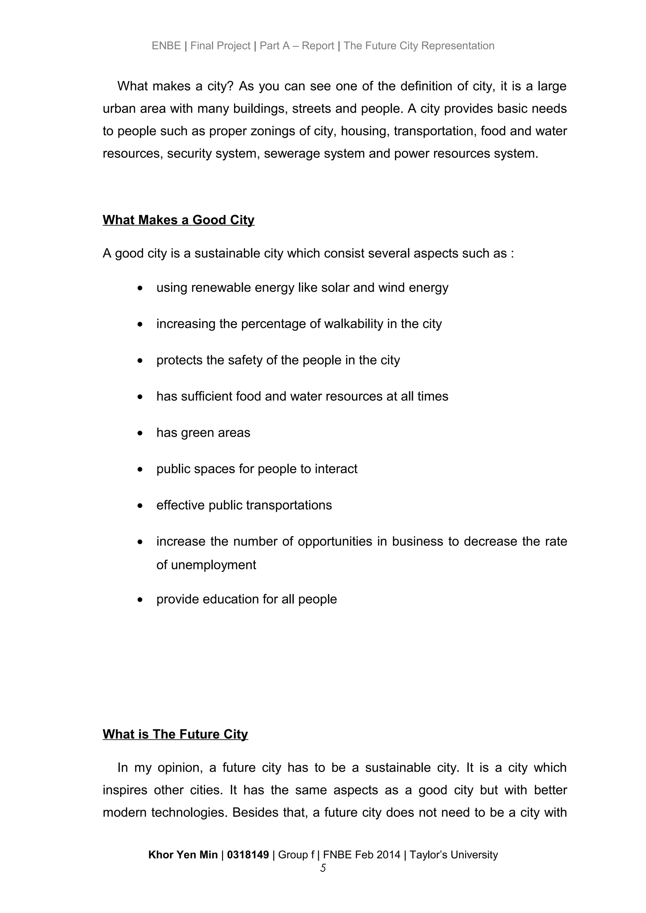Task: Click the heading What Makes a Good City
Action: tap(178, 220)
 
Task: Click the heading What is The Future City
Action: tap(175, 734)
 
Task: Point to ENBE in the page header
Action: tap(166, 46)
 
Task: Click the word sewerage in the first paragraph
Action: tap(291, 153)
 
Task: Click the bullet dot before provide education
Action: tap(140, 600)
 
